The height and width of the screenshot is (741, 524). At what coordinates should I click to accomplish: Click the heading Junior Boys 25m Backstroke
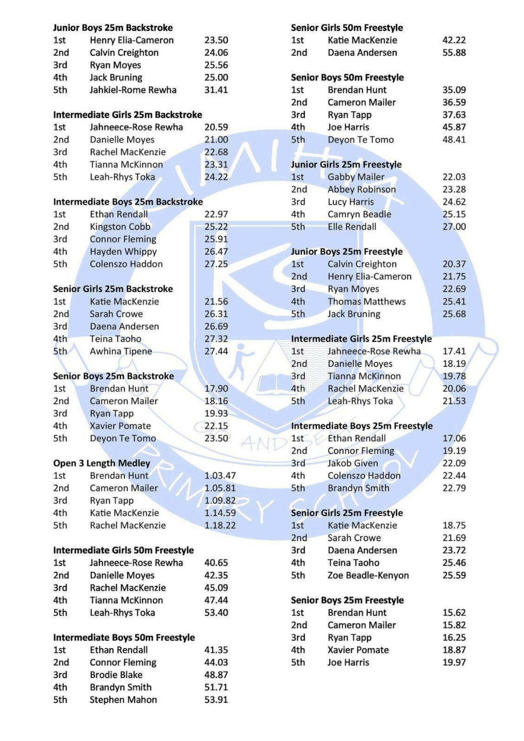[113, 28]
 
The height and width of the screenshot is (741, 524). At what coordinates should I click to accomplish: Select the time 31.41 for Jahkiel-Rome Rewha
[216, 90]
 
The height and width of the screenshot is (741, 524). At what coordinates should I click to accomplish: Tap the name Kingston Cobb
[120, 227]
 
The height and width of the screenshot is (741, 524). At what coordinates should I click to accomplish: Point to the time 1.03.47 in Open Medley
[220, 476]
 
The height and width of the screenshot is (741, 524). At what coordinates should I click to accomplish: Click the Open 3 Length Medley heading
[101, 464]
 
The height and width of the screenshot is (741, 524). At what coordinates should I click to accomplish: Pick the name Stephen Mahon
[123, 700]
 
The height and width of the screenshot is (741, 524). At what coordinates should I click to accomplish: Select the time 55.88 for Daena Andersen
[454, 53]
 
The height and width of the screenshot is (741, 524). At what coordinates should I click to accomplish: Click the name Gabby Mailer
[356, 177]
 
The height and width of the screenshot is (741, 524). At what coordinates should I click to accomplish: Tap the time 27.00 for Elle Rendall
[454, 227]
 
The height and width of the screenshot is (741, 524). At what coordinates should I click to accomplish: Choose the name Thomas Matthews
[367, 302]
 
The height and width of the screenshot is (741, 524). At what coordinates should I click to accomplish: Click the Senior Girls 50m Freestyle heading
[347, 28]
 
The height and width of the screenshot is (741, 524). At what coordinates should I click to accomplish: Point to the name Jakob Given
[353, 464]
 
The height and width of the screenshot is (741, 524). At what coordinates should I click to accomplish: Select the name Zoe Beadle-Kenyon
[368, 576]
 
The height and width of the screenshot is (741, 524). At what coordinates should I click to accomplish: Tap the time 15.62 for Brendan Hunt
[454, 613]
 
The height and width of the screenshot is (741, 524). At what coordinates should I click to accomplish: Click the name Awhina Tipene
[121, 352]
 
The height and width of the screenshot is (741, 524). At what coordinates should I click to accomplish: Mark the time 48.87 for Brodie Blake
[216, 675]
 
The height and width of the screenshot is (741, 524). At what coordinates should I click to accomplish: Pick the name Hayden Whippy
[123, 252]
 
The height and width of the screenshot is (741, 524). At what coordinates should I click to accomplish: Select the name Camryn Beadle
[359, 214]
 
